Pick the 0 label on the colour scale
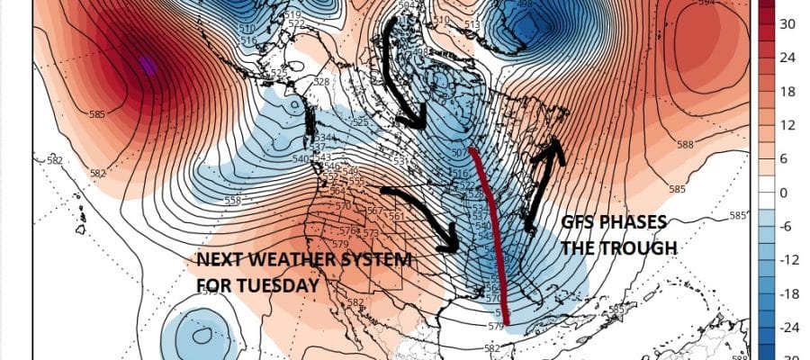pyautogui.click(x=784, y=193)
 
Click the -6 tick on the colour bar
pyautogui.click(x=786, y=226)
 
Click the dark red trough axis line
pyautogui.click(x=494, y=234)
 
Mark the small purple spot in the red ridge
pyautogui.click(x=146, y=65)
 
